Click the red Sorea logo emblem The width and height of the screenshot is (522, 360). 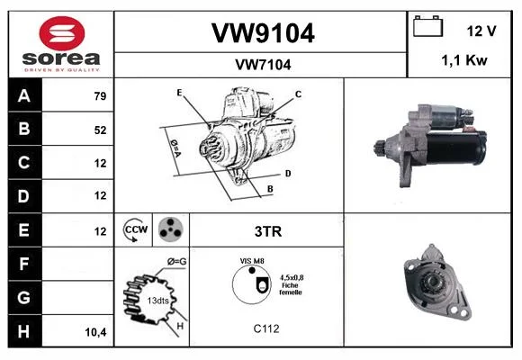coord(62,33)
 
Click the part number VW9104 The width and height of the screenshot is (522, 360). coord(263,33)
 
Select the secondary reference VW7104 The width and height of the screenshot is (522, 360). coord(263,65)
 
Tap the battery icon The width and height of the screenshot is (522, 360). coord(428,26)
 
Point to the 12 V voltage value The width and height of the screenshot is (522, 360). coord(481,31)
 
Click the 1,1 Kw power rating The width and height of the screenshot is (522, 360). coord(464,60)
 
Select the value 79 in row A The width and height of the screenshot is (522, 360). coord(100,96)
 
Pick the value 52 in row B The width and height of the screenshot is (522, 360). coord(100,130)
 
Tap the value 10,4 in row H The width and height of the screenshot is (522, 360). coord(95,332)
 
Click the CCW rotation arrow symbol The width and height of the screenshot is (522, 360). coord(133,229)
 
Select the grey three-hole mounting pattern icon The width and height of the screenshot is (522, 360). coord(171,229)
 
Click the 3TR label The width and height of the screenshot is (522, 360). coord(268,231)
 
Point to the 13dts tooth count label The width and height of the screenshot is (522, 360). coord(157,301)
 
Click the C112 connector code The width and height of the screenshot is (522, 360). coord(266,328)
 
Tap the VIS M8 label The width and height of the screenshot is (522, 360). coord(252,261)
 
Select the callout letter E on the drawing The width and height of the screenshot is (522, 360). coord(179,93)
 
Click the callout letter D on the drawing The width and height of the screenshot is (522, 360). coord(288,174)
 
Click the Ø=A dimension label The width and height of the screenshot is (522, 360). coord(175,148)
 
